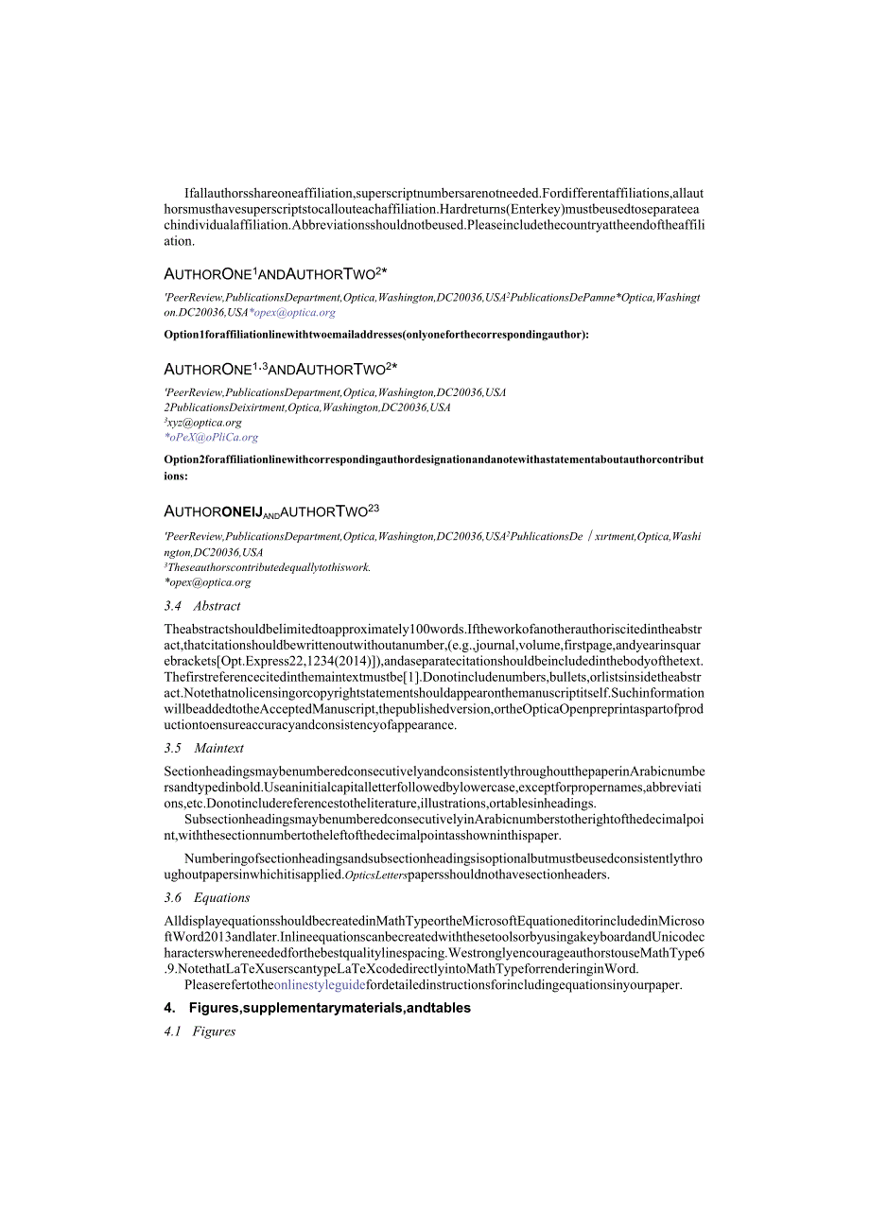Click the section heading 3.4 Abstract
pos(202,606)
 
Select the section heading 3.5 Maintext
pos(204,748)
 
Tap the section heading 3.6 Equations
pos(207,897)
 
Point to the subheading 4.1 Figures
pos(200,1031)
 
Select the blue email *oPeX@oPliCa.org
pos(211,438)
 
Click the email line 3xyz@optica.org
pos(203,423)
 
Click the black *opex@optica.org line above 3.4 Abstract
pos(208,582)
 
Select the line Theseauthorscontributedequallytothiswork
pos(268,567)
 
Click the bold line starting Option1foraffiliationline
pos(376,335)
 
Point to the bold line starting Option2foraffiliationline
pos(433,460)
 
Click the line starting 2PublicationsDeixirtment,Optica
pos(307,407)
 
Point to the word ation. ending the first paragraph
pos(179,241)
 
